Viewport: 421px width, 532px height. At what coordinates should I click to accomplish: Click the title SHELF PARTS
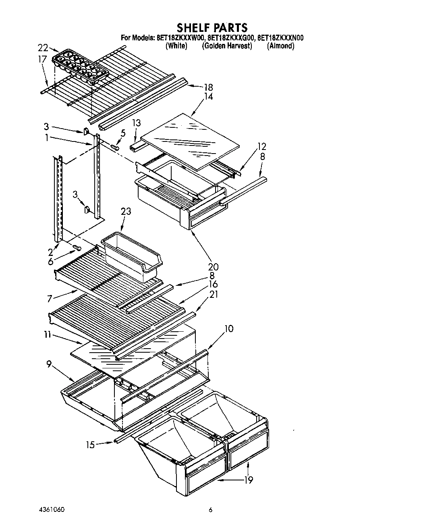pyautogui.click(x=212, y=27)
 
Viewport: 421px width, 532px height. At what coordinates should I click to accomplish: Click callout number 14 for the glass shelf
pyautogui.click(x=208, y=97)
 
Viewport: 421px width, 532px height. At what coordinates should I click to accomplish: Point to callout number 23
pyautogui.click(x=125, y=211)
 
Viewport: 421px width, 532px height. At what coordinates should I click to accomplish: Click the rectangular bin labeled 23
pyautogui.click(x=131, y=254)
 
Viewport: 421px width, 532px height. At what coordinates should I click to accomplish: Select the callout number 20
pyautogui.click(x=213, y=266)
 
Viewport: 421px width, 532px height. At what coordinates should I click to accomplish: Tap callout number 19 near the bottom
pyautogui.click(x=249, y=480)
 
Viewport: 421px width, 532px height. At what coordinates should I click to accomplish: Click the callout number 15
pyautogui.click(x=90, y=445)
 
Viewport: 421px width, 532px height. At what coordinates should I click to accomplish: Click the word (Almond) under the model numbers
pyautogui.click(x=280, y=46)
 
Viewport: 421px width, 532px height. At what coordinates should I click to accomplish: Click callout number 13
pyautogui.click(x=137, y=123)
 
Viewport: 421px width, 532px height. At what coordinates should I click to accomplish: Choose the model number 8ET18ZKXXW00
pyautogui.click(x=180, y=38)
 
